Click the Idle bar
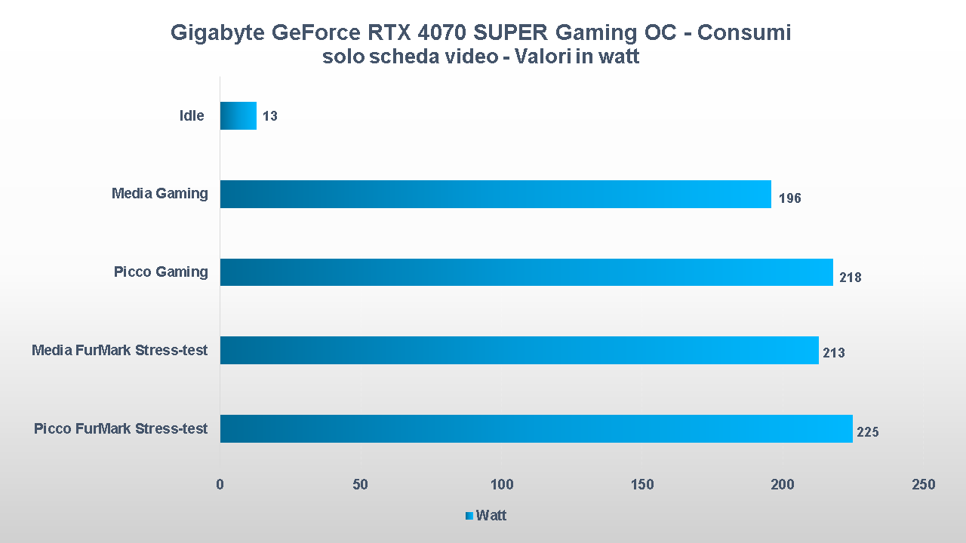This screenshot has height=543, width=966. (x=238, y=116)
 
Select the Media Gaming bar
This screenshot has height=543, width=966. (x=495, y=194)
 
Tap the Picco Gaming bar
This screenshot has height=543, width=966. (x=526, y=272)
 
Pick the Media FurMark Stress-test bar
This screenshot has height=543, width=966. (x=519, y=350)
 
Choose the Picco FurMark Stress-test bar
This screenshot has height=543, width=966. (x=536, y=428)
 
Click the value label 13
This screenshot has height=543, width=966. (x=270, y=117)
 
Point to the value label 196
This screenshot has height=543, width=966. (x=789, y=198)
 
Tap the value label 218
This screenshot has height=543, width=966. (x=851, y=278)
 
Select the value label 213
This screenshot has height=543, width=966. (x=834, y=353)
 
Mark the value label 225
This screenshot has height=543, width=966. (x=868, y=432)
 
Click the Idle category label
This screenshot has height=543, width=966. (x=192, y=116)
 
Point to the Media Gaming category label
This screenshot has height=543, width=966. (x=159, y=194)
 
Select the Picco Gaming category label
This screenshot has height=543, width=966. (x=161, y=272)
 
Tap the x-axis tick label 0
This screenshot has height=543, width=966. (x=220, y=485)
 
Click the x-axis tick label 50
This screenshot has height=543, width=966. (x=361, y=485)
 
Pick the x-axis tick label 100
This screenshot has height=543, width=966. (x=502, y=485)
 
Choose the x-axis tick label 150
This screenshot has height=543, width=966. (x=642, y=485)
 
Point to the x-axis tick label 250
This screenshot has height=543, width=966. (x=923, y=485)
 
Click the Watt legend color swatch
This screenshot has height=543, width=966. (x=469, y=516)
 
